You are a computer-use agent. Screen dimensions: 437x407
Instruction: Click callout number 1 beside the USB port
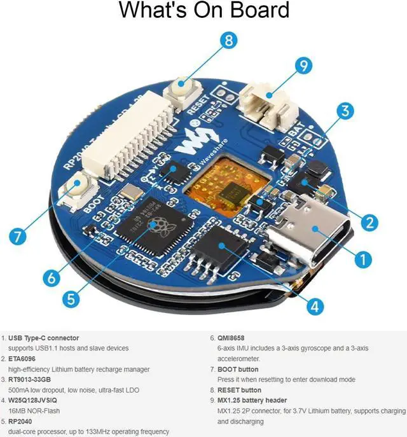[362, 259]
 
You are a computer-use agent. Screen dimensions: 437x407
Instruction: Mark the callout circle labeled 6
[53, 278]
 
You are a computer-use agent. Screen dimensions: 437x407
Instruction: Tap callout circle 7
[18, 236]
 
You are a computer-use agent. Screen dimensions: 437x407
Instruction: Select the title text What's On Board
[203, 10]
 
